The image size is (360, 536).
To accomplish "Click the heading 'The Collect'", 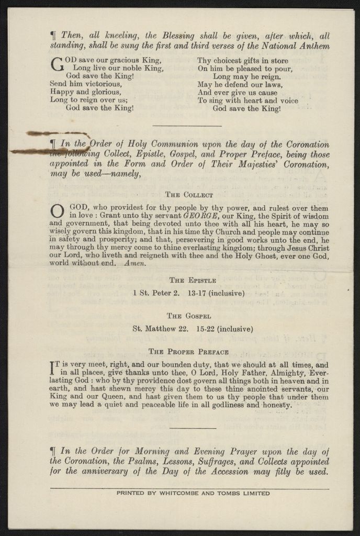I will pyautogui.click(x=189, y=195).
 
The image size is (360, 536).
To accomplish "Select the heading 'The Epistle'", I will pyautogui.click(x=190, y=281).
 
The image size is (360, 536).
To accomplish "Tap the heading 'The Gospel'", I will pyautogui.click(x=189, y=316).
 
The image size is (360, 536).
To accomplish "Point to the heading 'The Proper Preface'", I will pyautogui.click(x=188, y=352).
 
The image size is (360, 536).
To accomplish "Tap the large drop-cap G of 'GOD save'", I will pyautogui.click(x=57, y=64).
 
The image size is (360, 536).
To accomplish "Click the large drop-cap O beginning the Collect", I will pyautogui.click(x=57, y=211).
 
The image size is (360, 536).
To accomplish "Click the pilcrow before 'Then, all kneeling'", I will pyautogui.click(x=53, y=36).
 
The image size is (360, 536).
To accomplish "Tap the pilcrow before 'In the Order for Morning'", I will pyautogui.click(x=53, y=451).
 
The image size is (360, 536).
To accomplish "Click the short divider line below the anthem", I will pyautogui.click(x=187, y=126).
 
